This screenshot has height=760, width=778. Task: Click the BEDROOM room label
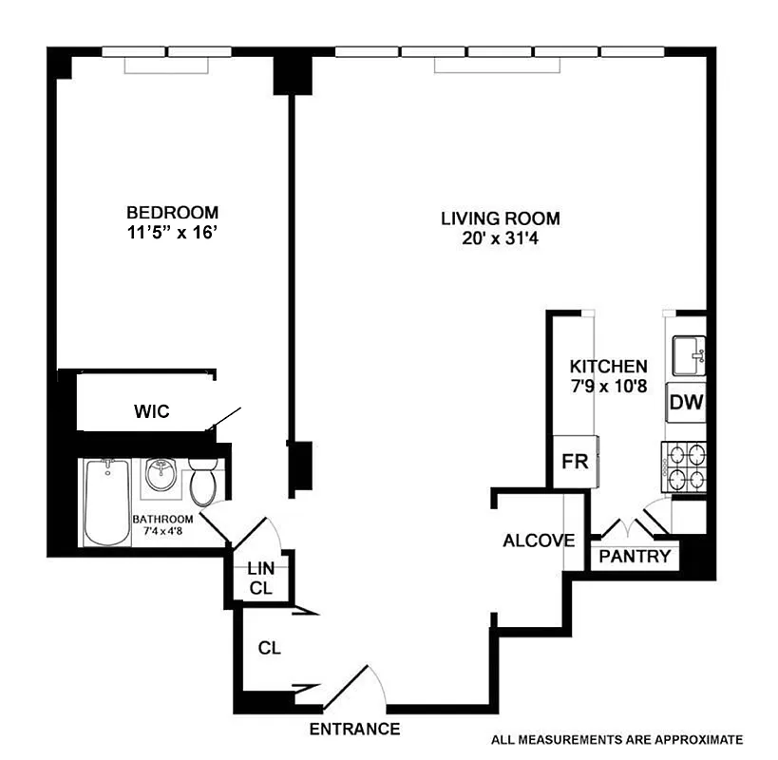tap(172, 212)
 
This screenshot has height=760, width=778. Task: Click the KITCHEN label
tap(608, 366)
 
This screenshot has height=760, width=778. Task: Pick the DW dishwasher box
tap(686, 403)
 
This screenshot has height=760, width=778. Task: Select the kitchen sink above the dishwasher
tap(688, 355)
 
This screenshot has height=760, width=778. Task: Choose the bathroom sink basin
tap(160, 475)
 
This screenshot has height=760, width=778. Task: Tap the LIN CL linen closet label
tap(260, 579)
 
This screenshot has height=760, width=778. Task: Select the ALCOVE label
tap(539, 541)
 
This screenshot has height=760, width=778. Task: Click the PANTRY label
tap(636, 557)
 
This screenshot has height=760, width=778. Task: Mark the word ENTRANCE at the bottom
tap(354, 730)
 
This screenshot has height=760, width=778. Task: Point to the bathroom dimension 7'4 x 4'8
tap(162, 525)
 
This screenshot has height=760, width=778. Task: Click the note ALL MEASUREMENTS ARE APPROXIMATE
tap(617, 739)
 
